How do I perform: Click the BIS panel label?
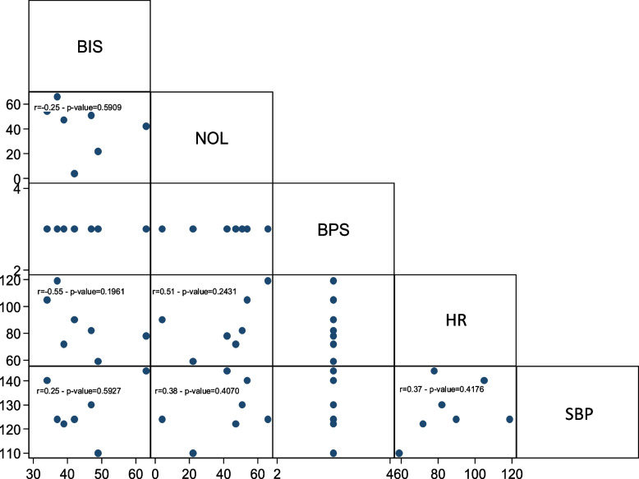coord(90,47)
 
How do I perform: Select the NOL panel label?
coord(212,139)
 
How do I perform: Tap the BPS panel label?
coord(333,230)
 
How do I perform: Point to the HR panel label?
coord(456,320)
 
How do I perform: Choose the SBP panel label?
coord(579,414)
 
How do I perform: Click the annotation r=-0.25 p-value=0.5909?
coord(77,108)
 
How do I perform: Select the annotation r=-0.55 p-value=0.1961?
coord(80,292)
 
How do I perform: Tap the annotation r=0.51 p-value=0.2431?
coord(194,292)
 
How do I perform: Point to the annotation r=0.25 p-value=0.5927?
coord(79,391)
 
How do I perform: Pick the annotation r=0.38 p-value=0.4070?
coord(197,391)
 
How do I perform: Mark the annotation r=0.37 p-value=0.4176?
coord(442,389)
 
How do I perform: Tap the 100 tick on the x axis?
coord(475,473)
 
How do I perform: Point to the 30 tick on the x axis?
coord(34,473)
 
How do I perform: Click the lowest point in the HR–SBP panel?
coord(399,453)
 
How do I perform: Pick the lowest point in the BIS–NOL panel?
coord(74,173)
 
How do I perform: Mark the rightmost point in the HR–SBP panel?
coord(509,419)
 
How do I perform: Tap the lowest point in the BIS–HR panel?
coord(98,362)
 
